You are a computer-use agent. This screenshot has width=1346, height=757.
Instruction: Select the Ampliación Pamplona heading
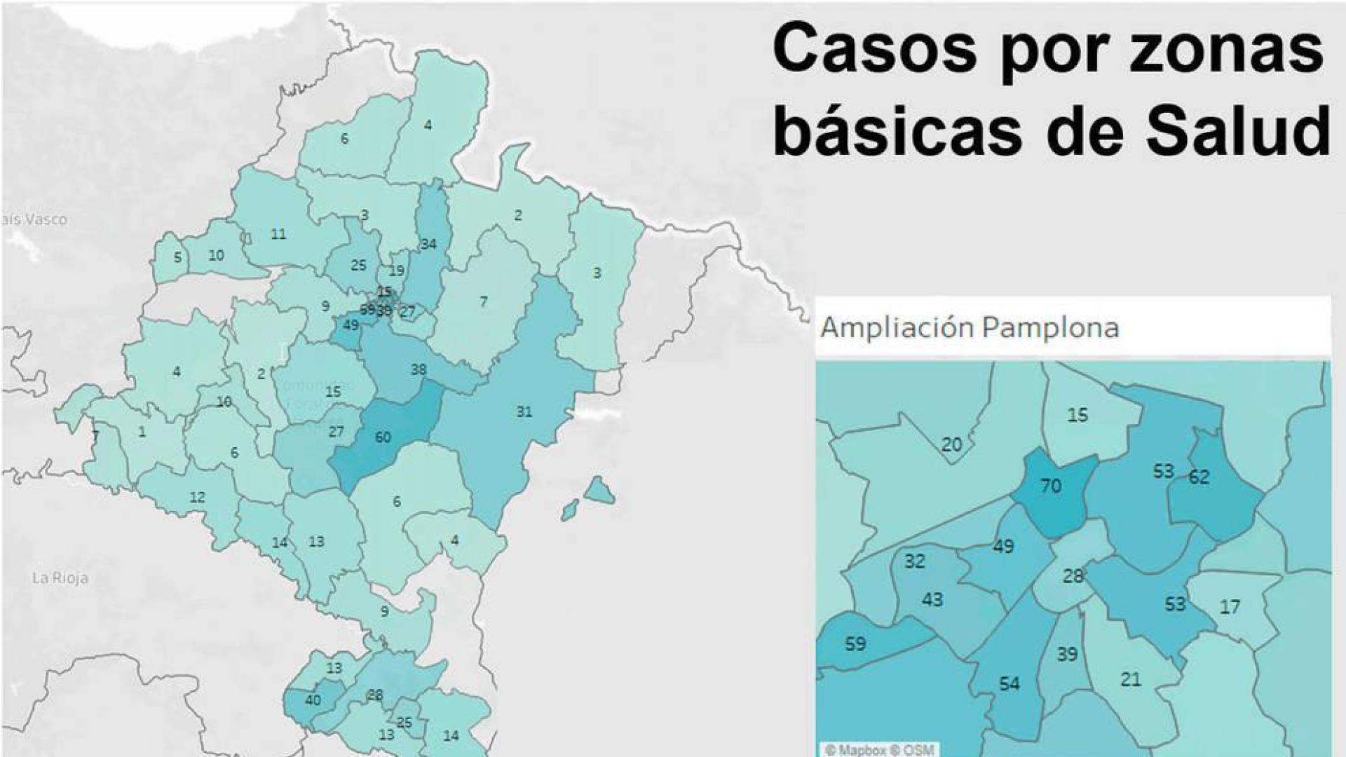point(969,327)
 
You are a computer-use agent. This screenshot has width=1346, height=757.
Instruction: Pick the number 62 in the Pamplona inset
point(1199,477)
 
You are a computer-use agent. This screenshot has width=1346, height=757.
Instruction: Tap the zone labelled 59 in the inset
point(855,643)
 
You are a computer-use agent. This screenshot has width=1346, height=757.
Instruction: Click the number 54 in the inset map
point(1009,683)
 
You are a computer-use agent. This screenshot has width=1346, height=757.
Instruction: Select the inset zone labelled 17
point(1230,606)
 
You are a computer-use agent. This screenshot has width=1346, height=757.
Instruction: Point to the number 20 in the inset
point(951,444)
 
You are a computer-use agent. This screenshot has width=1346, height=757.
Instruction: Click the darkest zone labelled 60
point(383,437)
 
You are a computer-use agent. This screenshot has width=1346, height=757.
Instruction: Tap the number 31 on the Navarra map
point(524,411)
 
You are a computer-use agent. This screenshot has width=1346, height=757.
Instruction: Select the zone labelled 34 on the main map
point(429,244)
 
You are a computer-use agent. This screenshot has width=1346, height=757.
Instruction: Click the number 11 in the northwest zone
point(278,234)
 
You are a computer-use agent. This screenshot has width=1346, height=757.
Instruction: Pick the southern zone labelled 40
point(313,700)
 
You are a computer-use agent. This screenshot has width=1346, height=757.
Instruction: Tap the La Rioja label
point(60,578)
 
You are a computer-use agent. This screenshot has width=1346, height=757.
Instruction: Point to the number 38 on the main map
point(418,369)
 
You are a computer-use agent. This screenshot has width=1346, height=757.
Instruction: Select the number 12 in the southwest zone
point(197,498)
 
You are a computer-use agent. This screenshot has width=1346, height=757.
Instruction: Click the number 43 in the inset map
point(932,600)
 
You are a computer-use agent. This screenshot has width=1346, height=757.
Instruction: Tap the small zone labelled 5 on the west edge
point(177,257)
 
